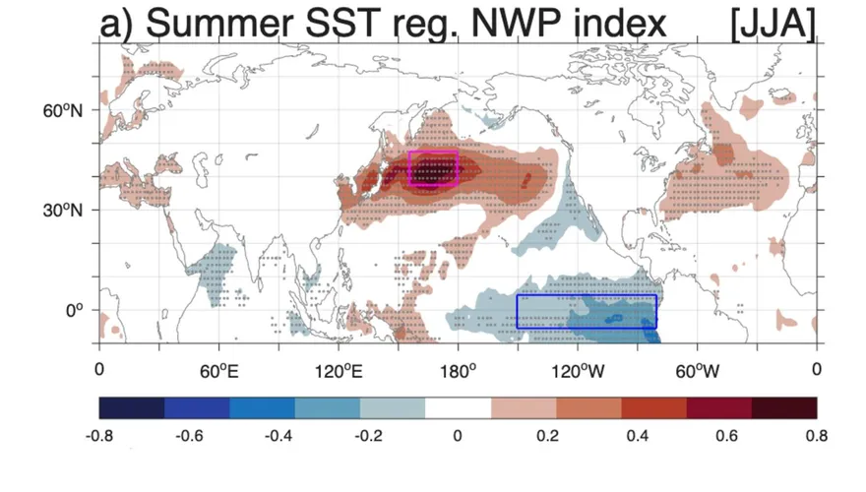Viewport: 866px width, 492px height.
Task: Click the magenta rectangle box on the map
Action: [x=409, y=168]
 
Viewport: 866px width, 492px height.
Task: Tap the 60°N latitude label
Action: [x=62, y=110]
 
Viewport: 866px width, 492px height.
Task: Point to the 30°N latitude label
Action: [x=62, y=211]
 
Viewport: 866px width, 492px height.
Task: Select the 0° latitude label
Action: [x=74, y=310]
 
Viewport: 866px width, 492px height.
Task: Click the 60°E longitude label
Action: [x=218, y=371]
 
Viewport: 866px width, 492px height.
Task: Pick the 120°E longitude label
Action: [x=339, y=371]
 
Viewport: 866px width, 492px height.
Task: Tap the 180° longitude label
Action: [x=458, y=371]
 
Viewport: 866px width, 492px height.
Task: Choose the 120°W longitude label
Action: [x=578, y=371]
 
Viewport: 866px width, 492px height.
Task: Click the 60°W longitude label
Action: [x=697, y=371]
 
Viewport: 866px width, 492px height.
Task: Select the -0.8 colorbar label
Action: [x=99, y=436]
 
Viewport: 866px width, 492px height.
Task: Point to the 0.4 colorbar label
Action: [x=637, y=436]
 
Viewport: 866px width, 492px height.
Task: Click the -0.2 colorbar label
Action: [x=368, y=436]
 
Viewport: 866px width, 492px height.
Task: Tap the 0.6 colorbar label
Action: [x=726, y=436]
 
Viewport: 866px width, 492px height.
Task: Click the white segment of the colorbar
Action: [x=458, y=408]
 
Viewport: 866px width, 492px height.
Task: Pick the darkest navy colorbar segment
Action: [x=132, y=408]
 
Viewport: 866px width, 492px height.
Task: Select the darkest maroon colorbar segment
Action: [x=784, y=408]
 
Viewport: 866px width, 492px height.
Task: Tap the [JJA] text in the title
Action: [x=773, y=25]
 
